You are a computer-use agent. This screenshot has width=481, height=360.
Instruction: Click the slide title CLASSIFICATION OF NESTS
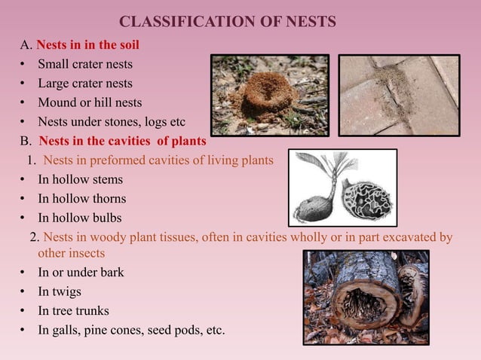tap(228, 21)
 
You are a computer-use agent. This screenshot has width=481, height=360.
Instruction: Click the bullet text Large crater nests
tap(84, 83)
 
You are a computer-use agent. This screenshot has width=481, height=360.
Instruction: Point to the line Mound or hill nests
tap(90, 102)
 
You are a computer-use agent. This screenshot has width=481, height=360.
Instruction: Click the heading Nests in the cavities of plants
tap(122, 141)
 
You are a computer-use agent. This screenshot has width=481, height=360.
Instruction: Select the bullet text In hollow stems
tap(80, 179)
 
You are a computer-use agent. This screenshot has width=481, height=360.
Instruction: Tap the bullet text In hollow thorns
tap(81, 199)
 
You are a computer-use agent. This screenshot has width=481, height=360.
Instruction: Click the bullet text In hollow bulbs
tap(79, 218)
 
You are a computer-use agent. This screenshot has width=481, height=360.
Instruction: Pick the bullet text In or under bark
tap(81, 272)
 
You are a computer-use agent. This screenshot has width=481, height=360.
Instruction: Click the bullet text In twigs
tap(59, 291)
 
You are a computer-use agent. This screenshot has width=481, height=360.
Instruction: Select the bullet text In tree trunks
tap(73, 310)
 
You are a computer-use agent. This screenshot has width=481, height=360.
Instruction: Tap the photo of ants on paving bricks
tap(398, 95)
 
